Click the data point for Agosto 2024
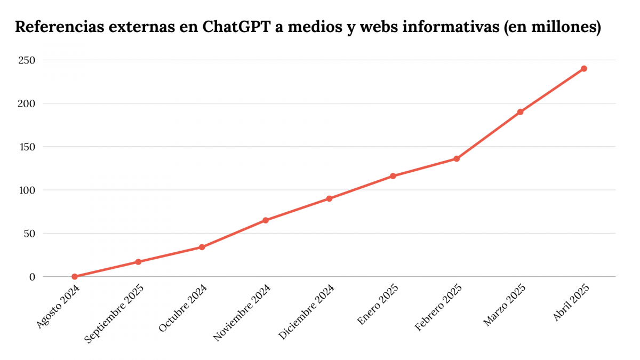click(x=75, y=276)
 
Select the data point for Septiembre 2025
click(x=138, y=262)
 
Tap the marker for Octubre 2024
click(x=202, y=247)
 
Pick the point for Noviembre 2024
click(x=266, y=220)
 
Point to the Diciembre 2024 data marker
click(x=329, y=198)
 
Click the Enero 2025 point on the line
click(x=393, y=176)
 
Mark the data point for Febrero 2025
click(x=457, y=158)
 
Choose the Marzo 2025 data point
click(x=520, y=112)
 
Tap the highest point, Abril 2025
click(x=584, y=68)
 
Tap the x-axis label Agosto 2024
click(x=59, y=306)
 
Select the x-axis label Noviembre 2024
click(x=243, y=311)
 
